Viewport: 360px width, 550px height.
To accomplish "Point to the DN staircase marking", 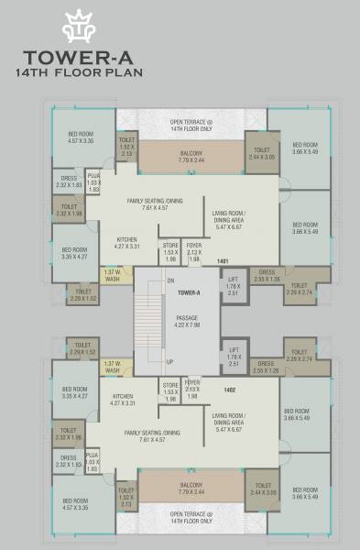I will (x=169, y=280).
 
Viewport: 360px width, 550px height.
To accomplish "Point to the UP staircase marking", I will (x=169, y=362).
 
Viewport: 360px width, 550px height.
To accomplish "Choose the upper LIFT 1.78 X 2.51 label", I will (x=234, y=289).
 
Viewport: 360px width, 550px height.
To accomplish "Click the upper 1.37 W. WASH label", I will (x=112, y=276).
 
